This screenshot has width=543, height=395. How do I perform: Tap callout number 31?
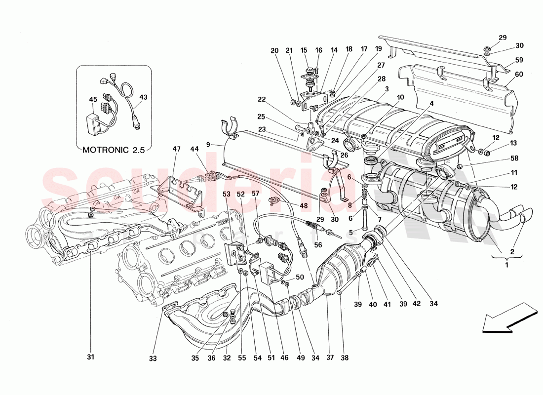91,357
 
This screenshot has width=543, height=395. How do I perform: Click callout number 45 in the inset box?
93,99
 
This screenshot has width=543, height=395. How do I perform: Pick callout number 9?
208,145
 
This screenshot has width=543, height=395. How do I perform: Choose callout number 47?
176,148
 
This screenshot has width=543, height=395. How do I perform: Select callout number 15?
304,50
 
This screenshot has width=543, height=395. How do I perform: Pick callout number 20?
274,50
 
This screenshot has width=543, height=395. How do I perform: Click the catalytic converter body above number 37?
341,267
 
